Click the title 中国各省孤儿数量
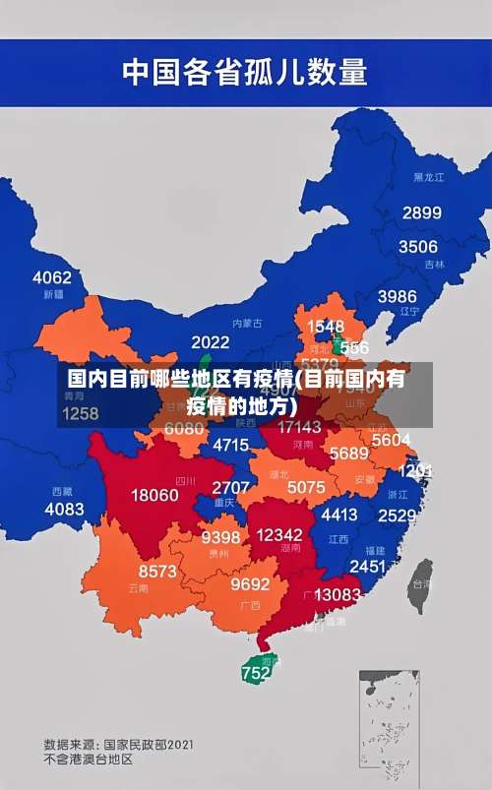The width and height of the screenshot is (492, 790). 244,72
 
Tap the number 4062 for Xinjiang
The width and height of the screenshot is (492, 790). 52,277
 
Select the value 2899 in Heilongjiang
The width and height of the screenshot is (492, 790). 421,213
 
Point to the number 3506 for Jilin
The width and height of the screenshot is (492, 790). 417,247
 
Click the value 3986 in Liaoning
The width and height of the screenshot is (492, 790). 397,296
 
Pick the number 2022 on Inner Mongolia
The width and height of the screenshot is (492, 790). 211,342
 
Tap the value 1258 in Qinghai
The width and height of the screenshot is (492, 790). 79,413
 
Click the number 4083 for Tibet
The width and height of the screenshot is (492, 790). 65,509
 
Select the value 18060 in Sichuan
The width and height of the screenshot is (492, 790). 155,495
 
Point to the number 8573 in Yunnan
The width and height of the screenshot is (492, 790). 157,571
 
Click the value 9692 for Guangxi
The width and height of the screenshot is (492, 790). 250,584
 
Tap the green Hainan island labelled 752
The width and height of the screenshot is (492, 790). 257,672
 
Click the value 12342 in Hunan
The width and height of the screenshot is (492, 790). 278,533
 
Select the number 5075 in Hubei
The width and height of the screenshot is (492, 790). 306,487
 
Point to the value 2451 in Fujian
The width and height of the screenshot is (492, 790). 367,567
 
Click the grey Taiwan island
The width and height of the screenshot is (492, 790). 421,580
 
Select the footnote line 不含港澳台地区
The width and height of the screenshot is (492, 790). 88,760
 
